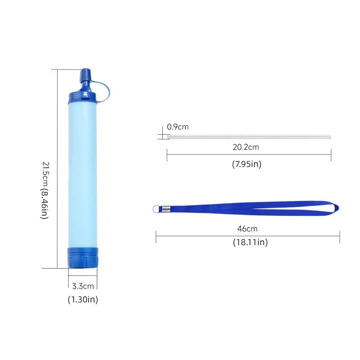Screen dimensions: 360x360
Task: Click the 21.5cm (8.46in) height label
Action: (44, 190)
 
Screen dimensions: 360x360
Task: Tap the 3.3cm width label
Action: (83, 286)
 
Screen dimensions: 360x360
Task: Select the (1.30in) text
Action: (83, 299)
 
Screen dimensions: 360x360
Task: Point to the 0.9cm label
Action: (177, 127)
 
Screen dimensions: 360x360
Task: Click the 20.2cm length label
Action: (246, 147)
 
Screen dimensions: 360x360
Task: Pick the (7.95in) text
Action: (247, 164)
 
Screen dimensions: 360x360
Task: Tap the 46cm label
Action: (247, 229)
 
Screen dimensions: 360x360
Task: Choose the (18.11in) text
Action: (250, 242)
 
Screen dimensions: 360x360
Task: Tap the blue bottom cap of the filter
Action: (82, 258)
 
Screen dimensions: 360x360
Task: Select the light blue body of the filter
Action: (82, 173)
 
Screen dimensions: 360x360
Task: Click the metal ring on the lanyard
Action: (156, 208)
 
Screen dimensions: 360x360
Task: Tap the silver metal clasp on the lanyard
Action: (166, 208)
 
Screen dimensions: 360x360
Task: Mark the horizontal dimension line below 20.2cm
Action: (248, 155)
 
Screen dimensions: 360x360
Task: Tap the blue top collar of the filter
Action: (82, 96)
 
